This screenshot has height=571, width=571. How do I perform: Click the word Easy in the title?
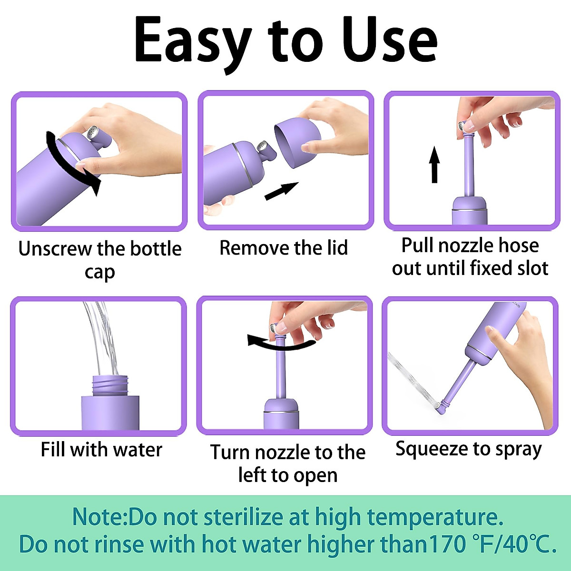pyautogui.click(x=193, y=40)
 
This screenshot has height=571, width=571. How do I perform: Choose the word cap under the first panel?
pyautogui.click(x=99, y=272)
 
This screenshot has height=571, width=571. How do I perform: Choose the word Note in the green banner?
pyautogui.click(x=98, y=517)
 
